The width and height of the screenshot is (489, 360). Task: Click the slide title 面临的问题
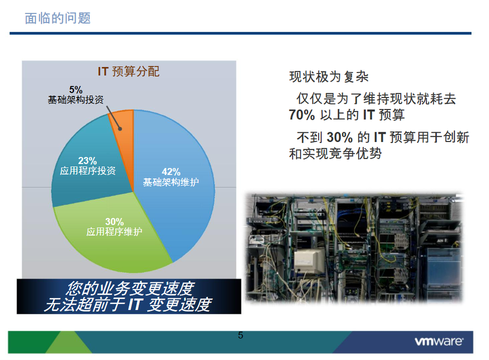pos(58,18)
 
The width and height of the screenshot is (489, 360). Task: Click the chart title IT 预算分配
pos(129,71)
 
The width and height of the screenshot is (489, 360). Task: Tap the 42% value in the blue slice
pos(171,171)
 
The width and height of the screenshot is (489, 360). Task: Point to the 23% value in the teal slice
pos(88,160)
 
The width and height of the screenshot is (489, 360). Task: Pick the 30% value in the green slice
pos(114,222)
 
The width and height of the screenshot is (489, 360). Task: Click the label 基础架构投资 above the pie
pos(76,100)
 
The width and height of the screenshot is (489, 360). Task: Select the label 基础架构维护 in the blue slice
pos(171,182)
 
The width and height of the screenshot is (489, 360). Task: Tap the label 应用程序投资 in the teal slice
pos(88,171)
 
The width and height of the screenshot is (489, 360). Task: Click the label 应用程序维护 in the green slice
pos(114,231)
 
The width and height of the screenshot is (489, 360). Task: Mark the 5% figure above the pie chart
pos(76,90)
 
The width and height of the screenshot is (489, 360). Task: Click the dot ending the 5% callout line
pos(120,129)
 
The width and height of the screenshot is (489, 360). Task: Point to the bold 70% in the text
pos(302,115)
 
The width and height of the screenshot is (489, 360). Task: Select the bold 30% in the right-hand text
pos(340,137)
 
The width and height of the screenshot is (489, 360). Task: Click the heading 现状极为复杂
pos(329,77)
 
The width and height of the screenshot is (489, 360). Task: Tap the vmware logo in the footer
pos(439,341)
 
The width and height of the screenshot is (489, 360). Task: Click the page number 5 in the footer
pos(240,335)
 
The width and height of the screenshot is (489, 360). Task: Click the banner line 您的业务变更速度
pos(130,289)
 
